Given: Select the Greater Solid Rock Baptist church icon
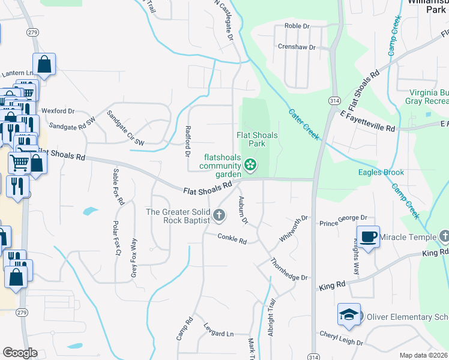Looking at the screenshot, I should pyautogui.click(x=220, y=215).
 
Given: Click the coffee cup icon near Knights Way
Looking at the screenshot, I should pyautogui.click(x=367, y=236).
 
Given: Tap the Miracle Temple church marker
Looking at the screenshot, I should pyautogui.click(x=444, y=236).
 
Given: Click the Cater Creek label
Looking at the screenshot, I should pyautogui.click(x=304, y=124).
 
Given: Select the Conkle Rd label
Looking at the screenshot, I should pyautogui.click(x=232, y=239).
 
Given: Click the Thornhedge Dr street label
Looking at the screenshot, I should pyautogui.click(x=289, y=270).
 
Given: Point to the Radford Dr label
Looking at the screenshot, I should pyautogui.click(x=187, y=141).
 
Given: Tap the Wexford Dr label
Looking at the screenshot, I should pyautogui.click(x=58, y=111).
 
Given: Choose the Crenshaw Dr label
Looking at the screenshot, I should pyautogui.click(x=297, y=46).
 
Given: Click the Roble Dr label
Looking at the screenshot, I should pyautogui.click(x=297, y=26).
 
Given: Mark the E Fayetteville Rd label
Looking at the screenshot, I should pyautogui.click(x=367, y=120).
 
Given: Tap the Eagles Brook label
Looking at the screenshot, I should pyautogui.click(x=381, y=172).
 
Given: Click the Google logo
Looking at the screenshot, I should pyautogui.click(x=20, y=352).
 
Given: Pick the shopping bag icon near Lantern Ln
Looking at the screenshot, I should pyautogui.click(x=44, y=64).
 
